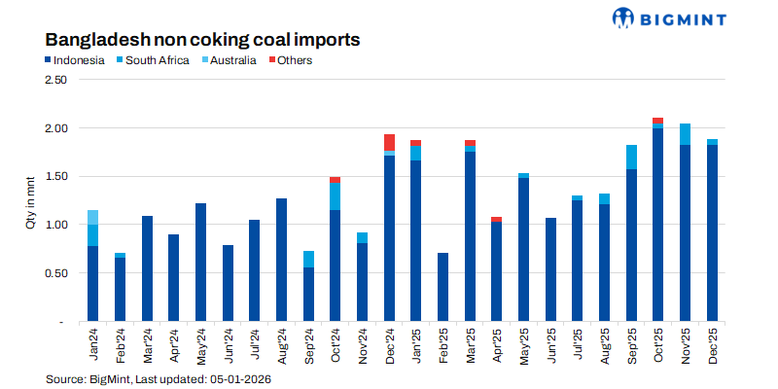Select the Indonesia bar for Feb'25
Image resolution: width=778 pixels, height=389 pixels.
(x=442, y=287)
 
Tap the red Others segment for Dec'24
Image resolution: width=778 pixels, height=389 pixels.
(x=389, y=142)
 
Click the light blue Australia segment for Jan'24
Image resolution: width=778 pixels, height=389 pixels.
(x=93, y=217)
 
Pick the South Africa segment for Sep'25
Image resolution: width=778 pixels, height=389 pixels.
(x=631, y=157)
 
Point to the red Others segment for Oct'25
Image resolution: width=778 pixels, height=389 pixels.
(x=658, y=121)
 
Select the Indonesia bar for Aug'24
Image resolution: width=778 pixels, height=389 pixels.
(x=281, y=260)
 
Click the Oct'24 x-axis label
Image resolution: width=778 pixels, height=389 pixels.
(x=336, y=345)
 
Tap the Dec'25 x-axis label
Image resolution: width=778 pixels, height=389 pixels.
(x=713, y=345)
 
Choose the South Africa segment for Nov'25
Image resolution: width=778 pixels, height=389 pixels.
(x=686, y=134)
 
